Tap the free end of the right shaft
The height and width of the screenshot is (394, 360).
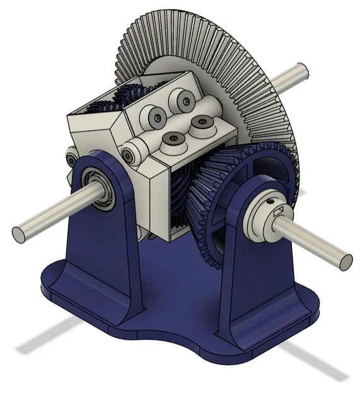point(344,261)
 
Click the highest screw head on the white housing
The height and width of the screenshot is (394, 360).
point(184,99)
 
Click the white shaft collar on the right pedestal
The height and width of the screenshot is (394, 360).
point(265,214)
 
